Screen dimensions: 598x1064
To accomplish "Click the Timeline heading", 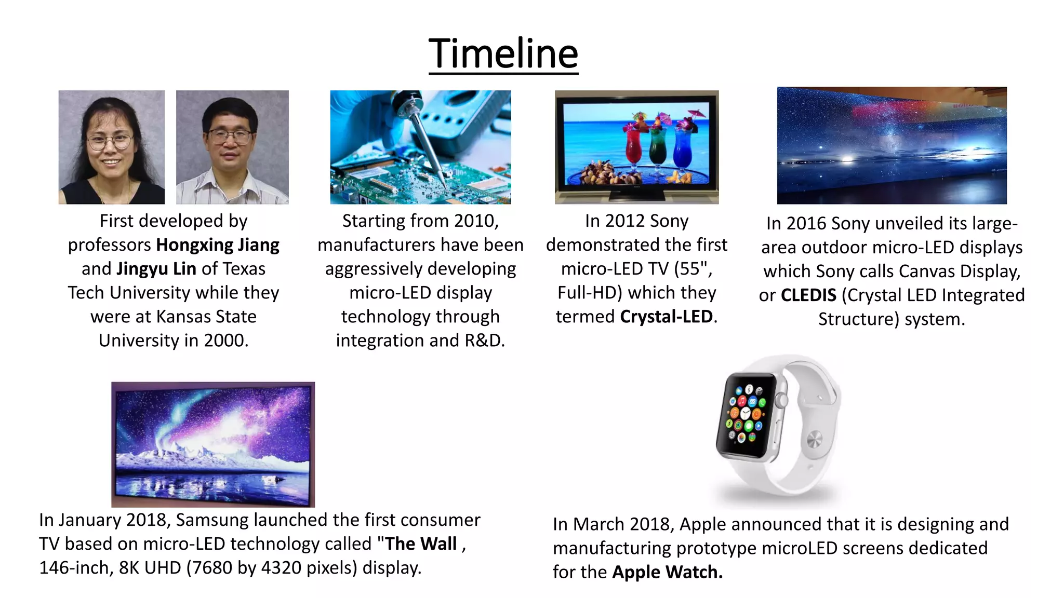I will pos(503,53).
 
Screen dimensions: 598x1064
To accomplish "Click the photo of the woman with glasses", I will pos(111,147).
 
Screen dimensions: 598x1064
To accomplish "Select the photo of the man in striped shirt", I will pos(232,147).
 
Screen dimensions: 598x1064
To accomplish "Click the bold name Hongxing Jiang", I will pos(218,245).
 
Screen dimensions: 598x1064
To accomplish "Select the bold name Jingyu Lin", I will pos(156,269).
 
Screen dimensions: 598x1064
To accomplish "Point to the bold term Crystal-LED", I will pos(666,317).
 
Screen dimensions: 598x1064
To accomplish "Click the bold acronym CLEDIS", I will pos(808,295).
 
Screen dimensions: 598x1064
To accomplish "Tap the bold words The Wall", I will pos(420,543).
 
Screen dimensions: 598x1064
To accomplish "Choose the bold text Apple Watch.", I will pos(667,572).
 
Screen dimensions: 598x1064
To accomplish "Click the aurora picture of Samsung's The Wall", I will pos(213,444).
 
